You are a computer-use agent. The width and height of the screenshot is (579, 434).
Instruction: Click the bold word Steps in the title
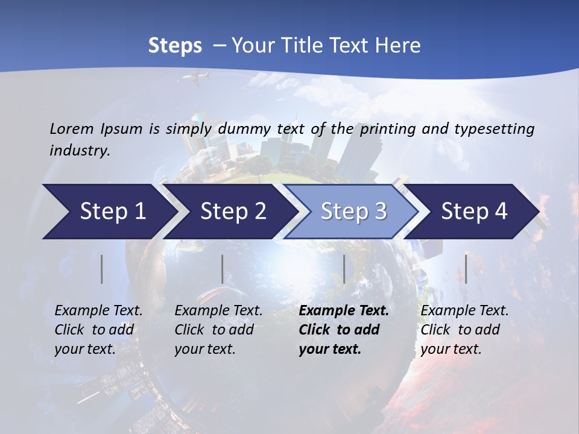(x=175, y=46)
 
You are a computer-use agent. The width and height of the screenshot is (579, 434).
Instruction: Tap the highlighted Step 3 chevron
(x=353, y=212)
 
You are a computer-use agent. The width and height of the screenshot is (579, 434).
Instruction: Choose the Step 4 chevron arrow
(x=474, y=212)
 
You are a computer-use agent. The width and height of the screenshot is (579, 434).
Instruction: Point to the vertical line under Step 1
(x=102, y=269)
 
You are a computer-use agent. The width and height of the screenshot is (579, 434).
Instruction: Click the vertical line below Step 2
(x=223, y=269)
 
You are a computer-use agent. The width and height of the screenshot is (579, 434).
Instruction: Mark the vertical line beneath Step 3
(x=344, y=269)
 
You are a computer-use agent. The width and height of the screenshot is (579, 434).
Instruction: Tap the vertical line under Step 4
(x=466, y=269)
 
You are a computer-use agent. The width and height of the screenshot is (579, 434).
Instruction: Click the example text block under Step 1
(x=98, y=330)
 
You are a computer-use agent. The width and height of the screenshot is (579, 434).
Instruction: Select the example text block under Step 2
(x=218, y=330)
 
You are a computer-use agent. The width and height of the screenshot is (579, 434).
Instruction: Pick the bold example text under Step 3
(x=344, y=330)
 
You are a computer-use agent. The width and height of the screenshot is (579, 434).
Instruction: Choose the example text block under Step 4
(x=464, y=330)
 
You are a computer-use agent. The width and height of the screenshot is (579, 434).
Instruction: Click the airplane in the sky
(x=195, y=77)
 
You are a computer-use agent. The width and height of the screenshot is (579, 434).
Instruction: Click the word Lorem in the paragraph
(x=71, y=128)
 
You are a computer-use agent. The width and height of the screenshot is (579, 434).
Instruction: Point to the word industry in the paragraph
(x=79, y=151)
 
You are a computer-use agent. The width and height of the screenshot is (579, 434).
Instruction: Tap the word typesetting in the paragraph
(x=499, y=129)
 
